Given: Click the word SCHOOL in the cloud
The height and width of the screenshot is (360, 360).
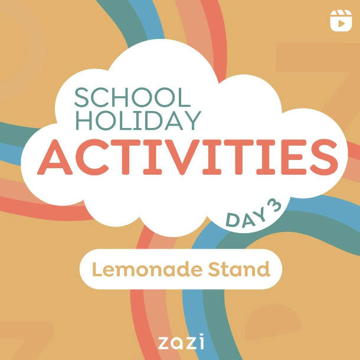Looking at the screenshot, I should (133, 98).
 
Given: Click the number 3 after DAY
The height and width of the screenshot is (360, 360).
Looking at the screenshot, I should (273, 205).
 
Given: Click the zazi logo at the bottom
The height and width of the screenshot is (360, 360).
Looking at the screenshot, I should (181, 342).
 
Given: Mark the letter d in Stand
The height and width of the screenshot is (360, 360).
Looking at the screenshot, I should (263, 270).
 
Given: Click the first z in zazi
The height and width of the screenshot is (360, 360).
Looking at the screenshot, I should (164, 342).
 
